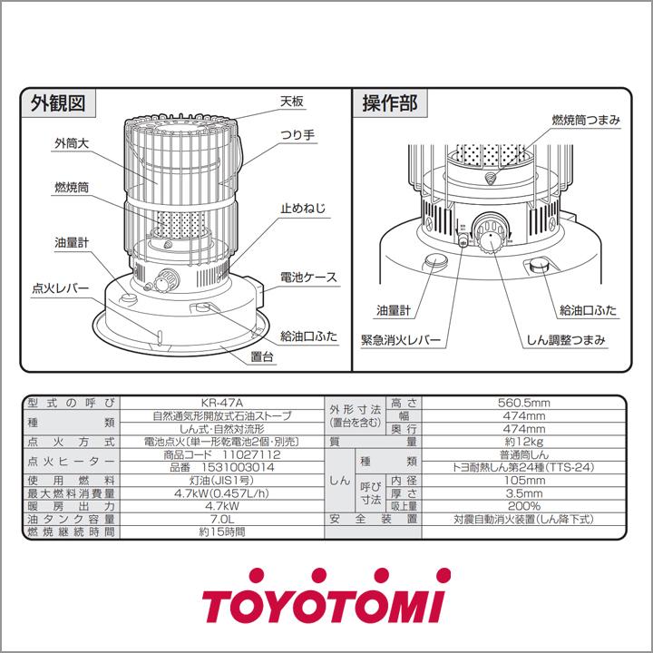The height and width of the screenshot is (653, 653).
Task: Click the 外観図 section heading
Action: [x=60, y=104]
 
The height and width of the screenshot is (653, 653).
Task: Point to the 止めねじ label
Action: [x=303, y=209]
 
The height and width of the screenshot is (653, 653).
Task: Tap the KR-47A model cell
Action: [x=221, y=403]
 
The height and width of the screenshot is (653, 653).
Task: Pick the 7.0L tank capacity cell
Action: [x=221, y=519]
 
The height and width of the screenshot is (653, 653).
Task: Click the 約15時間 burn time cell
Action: [x=221, y=532]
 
